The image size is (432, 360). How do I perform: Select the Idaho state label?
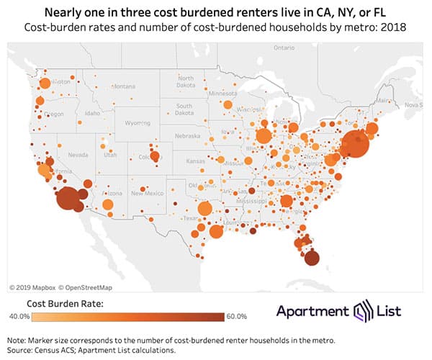pos(92,113)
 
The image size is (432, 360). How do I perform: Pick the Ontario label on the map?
pos(279,49)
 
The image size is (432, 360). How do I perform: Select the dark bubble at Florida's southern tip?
pos(312,258)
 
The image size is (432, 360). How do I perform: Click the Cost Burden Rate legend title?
pos(66,303)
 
